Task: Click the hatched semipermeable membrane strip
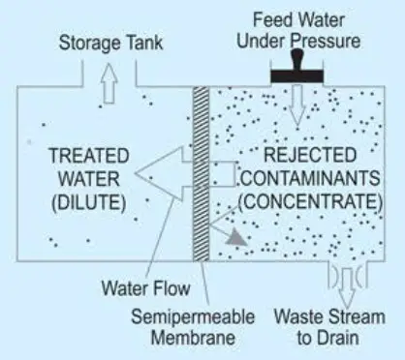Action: [x=202, y=174]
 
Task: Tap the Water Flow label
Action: [x=147, y=287]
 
